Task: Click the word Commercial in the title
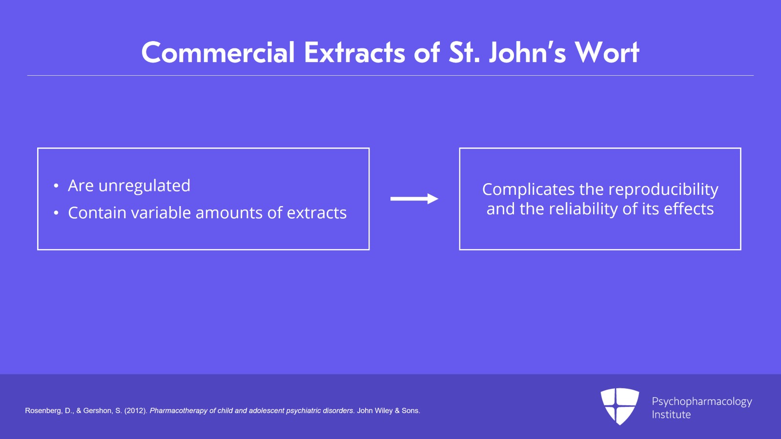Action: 218,53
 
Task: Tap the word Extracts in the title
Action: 354,53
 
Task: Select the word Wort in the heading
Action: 607,53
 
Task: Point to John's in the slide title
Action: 527,53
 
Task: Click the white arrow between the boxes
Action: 414,199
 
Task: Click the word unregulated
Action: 144,186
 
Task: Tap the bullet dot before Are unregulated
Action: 56,186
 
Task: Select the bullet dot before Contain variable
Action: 56,213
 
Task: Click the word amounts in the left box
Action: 229,213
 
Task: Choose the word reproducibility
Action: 663,189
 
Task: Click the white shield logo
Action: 619,406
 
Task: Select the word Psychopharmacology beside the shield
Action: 702,402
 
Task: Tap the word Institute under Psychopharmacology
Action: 671,415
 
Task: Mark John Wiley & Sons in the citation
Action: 388,411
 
